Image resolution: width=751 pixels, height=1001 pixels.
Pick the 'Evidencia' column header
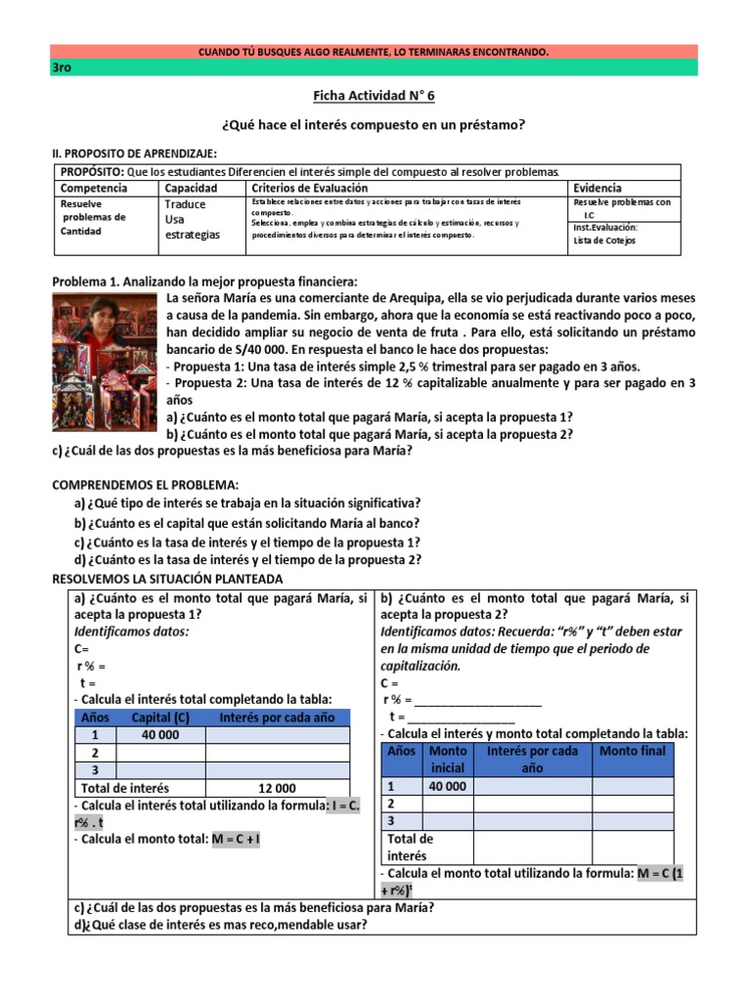click(597, 188)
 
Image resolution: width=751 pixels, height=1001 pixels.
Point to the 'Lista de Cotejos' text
click(604, 240)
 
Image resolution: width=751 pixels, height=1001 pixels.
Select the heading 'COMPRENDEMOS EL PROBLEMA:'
click(145, 484)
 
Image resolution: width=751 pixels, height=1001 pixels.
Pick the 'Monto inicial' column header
click(448, 760)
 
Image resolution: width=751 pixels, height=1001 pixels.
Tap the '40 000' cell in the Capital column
click(160, 735)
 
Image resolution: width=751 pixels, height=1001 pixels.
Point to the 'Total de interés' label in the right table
click(410, 848)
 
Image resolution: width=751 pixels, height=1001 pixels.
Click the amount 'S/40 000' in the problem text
click(297, 349)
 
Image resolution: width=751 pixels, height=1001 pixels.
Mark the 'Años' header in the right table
click(402, 751)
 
